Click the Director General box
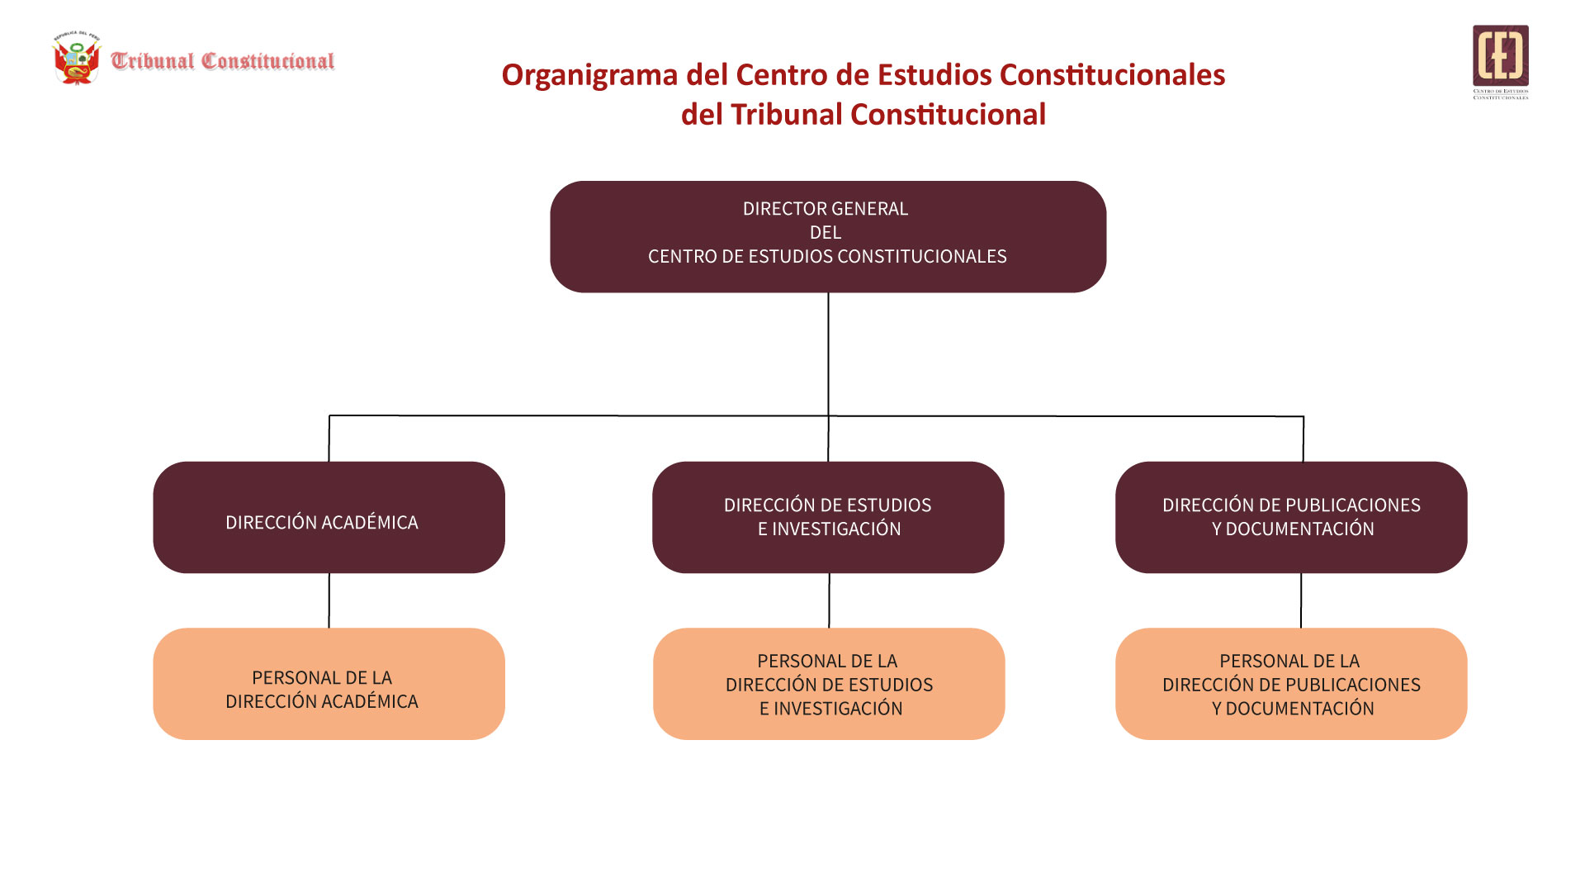tap(828, 236)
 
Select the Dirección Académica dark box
tap(329, 517)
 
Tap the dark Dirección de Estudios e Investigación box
tap(828, 517)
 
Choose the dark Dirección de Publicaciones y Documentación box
tap(1291, 517)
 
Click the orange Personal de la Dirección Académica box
tap(329, 684)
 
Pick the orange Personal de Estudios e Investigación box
tap(829, 684)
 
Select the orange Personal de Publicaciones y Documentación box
tap(1291, 684)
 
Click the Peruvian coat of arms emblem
tap(76, 59)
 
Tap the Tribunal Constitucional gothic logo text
tap(223, 61)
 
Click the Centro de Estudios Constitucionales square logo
tap(1500, 56)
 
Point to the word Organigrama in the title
tap(589, 75)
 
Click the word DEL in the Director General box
tap(826, 233)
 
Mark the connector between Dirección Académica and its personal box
tap(329, 600)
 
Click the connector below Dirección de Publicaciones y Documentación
tap(1301, 600)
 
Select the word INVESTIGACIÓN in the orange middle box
tap(837, 709)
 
